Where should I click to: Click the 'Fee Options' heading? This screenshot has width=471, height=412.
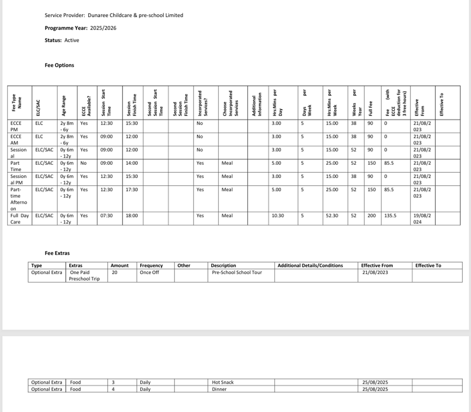point(59,65)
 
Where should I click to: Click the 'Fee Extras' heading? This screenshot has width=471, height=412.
point(57,253)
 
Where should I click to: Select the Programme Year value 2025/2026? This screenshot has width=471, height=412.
point(103,28)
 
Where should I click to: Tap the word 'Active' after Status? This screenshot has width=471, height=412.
point(72,40)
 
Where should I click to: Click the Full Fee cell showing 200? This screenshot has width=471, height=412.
point(371,216)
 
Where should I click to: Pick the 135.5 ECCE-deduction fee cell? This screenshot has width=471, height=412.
point(391,216)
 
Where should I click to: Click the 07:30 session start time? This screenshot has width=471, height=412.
point(107,216)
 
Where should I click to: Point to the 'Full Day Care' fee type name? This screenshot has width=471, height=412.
point(20,219)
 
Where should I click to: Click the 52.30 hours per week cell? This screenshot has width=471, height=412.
point(332,216)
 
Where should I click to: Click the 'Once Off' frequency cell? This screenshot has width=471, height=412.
point(149,273)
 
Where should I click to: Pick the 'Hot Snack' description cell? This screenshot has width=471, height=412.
point(223,382)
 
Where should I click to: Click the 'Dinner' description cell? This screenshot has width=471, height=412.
point(219,389)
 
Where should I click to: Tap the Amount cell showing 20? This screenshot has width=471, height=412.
point(114,273)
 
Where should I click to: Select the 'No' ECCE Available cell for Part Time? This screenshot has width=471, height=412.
point(83,163)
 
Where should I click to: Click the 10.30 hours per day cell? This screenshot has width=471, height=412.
point(277,216)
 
